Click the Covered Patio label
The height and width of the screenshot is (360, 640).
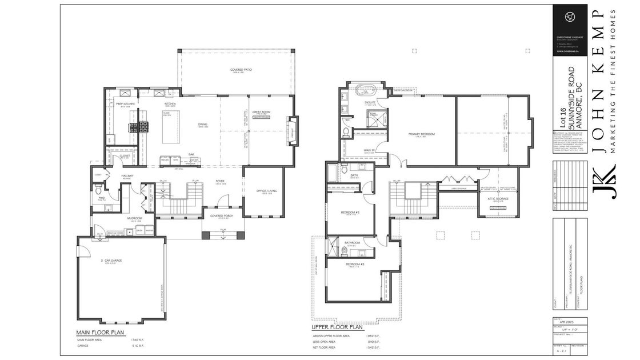(241, 70)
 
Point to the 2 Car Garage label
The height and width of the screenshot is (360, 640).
(113, 261)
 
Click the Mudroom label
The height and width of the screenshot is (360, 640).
(134, 218)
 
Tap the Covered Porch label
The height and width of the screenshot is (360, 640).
(220, 216)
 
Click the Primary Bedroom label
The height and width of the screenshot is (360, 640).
(422, 134)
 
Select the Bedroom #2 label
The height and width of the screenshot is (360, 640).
(349, 212)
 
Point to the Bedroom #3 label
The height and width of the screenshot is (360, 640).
(353, 265)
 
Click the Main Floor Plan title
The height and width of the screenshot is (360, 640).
(101, 333)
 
